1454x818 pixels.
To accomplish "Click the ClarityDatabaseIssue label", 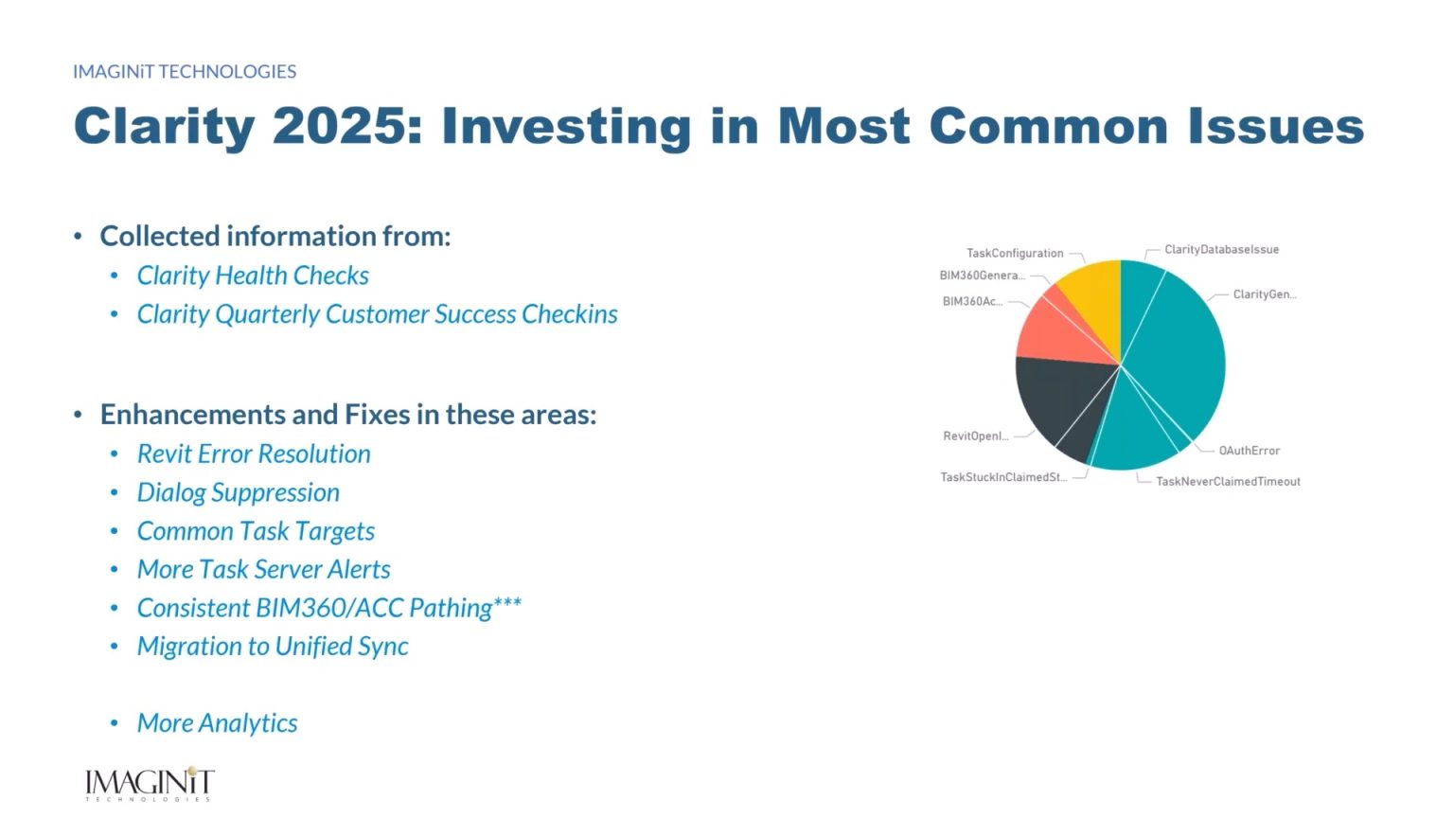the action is [x=1221, y=249].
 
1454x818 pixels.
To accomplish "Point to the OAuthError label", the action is [x=1249, y=451].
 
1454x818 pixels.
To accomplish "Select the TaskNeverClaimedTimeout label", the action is [x=1228, y=482].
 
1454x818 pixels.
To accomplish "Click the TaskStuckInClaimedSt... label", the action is [x=1003, y=477].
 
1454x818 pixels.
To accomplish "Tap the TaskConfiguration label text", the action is [x=1015, y=253].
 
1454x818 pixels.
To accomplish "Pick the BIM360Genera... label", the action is [x=982, y=276].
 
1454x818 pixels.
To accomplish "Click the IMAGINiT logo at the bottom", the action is [x=150, y=784].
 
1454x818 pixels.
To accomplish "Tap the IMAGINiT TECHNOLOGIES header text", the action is [x=185, y=71].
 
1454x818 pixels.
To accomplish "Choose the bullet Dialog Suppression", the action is [x=239, y=492].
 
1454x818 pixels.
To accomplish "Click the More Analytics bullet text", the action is [x=218, y=723].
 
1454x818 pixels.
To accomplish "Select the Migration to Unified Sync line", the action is [x=273, y=647].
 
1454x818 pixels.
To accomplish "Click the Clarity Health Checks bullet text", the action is [x=253, y=276].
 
